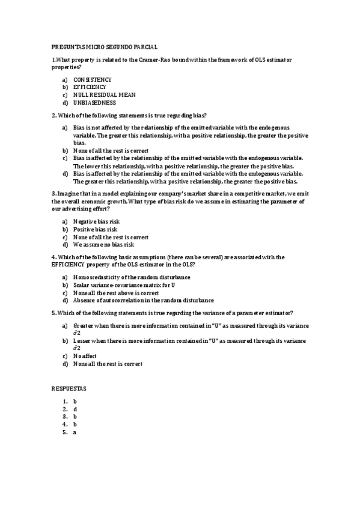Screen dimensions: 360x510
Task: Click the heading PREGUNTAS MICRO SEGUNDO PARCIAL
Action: [x=105, y=47]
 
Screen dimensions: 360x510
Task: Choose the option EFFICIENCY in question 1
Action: [x=90, y=87]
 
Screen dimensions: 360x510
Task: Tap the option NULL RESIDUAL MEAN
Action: [x=104, y=95]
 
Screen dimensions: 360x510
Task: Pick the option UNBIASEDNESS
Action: [x=94, y=103]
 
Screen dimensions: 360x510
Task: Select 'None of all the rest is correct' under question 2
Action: [x=111, y=150]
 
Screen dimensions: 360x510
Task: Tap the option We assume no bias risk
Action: [x=103, y=245]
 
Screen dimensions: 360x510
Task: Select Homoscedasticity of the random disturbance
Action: [x=132, y=277]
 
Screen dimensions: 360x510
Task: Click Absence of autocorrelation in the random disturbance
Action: [x=143, y=300]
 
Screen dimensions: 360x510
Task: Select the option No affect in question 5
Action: [x=85, y=356]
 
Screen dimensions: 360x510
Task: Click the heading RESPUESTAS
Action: [x=69, y=389]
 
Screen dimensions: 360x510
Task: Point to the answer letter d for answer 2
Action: [x=75, y=408]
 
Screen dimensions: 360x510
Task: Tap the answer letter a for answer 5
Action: [x=75, y=432]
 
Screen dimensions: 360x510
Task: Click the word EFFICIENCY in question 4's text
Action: [x=71, y=265]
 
